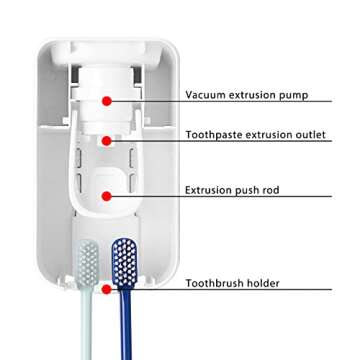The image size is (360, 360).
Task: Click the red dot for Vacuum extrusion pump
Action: [106, 100]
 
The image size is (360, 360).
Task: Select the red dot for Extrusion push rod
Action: [106, 195]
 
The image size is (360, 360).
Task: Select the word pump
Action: [291, 95]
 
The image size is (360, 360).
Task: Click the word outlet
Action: [307, 134]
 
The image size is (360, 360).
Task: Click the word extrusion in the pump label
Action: [251, 95]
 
